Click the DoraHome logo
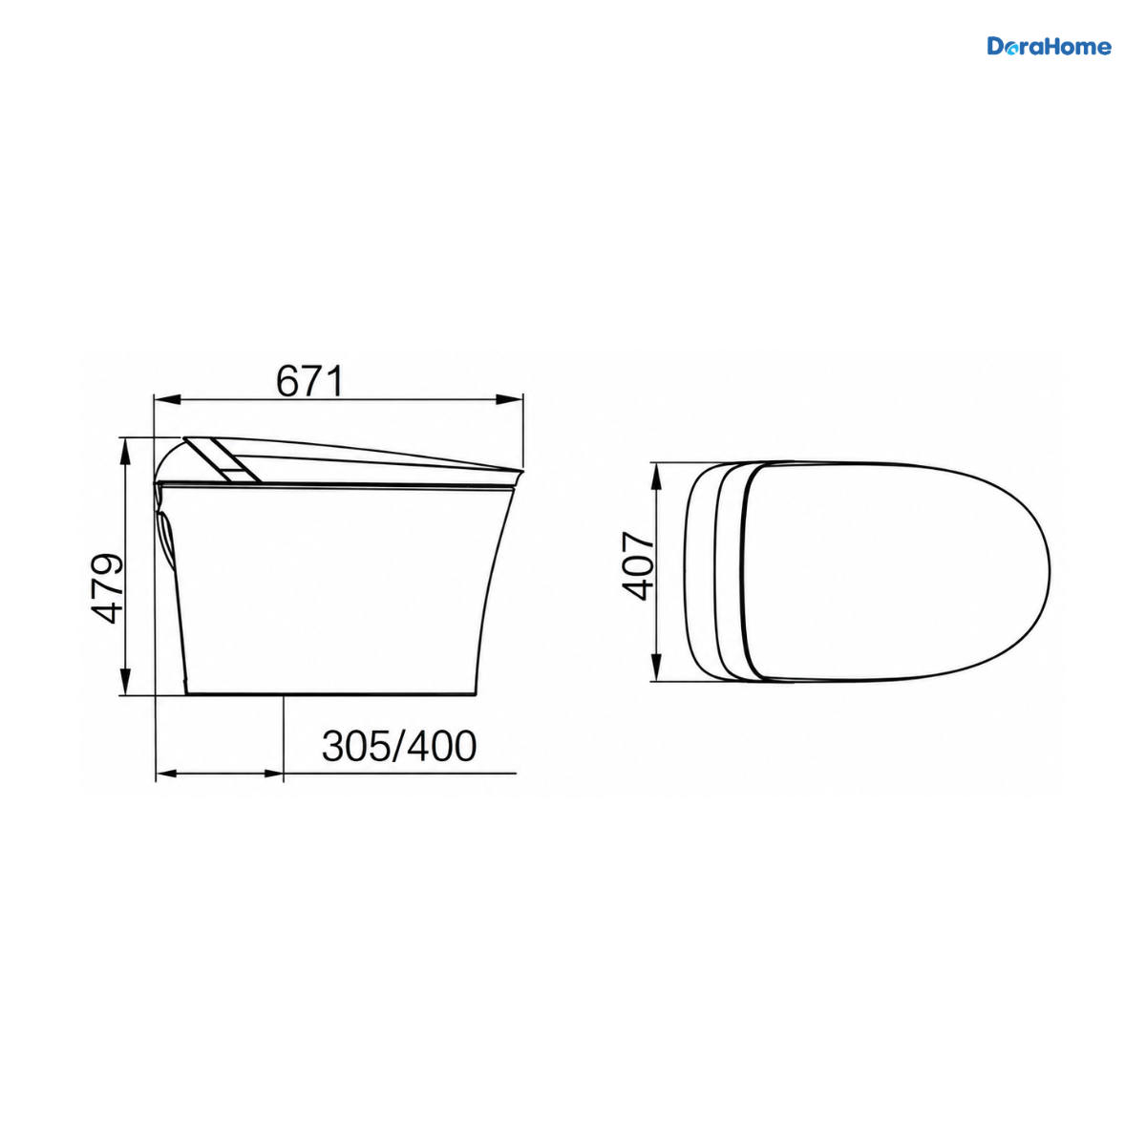(1049, 47)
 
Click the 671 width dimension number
(309, 381)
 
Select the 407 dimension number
(637, 566)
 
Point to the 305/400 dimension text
(399, 747)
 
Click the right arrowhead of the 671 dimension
(510, 399)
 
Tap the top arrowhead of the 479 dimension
(125, 452)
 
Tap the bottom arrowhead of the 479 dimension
(125, 682)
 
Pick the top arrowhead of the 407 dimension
(656, 476)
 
